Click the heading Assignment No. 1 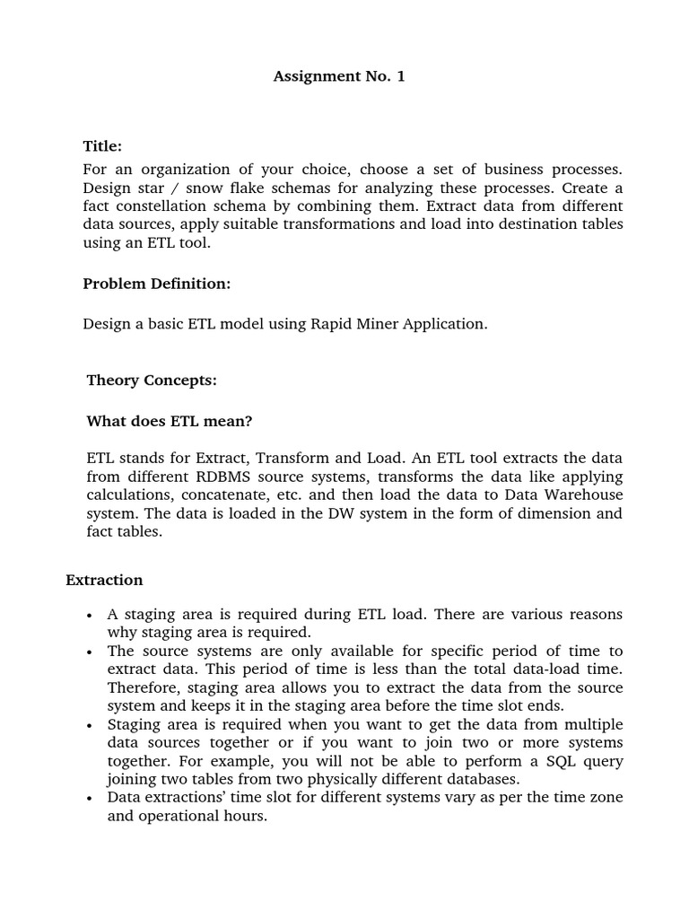[x=339, y=76]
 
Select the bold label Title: [x=102, y=146]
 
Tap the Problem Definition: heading [x=157, y=284]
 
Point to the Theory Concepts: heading [x=152, y=380]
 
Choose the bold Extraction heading [x=104, y=580]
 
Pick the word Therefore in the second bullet [x=142, y=687]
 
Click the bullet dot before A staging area [x=89, y=616]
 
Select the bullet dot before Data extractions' [x=89, y=799]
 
